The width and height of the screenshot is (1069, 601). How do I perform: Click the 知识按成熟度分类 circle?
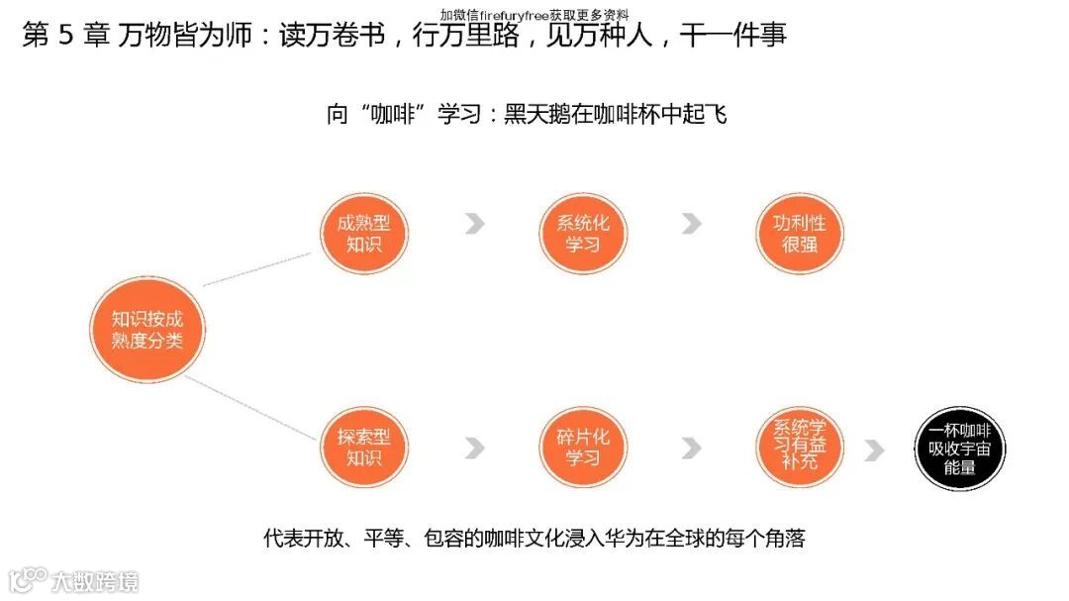pos(146,330)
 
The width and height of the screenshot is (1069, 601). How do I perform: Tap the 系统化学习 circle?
pos(583,234)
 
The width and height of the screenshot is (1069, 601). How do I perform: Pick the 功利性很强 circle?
pos(799,234)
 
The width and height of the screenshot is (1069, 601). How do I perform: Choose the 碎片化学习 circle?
pos(583,447)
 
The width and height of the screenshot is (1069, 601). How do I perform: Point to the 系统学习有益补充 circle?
pos(799,447)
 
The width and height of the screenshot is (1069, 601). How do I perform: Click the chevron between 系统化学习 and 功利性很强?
pos(691,224)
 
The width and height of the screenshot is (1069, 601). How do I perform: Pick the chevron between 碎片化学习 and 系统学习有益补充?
pos(691,449)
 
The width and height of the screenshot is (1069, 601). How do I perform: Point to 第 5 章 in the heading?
pos(65,36)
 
